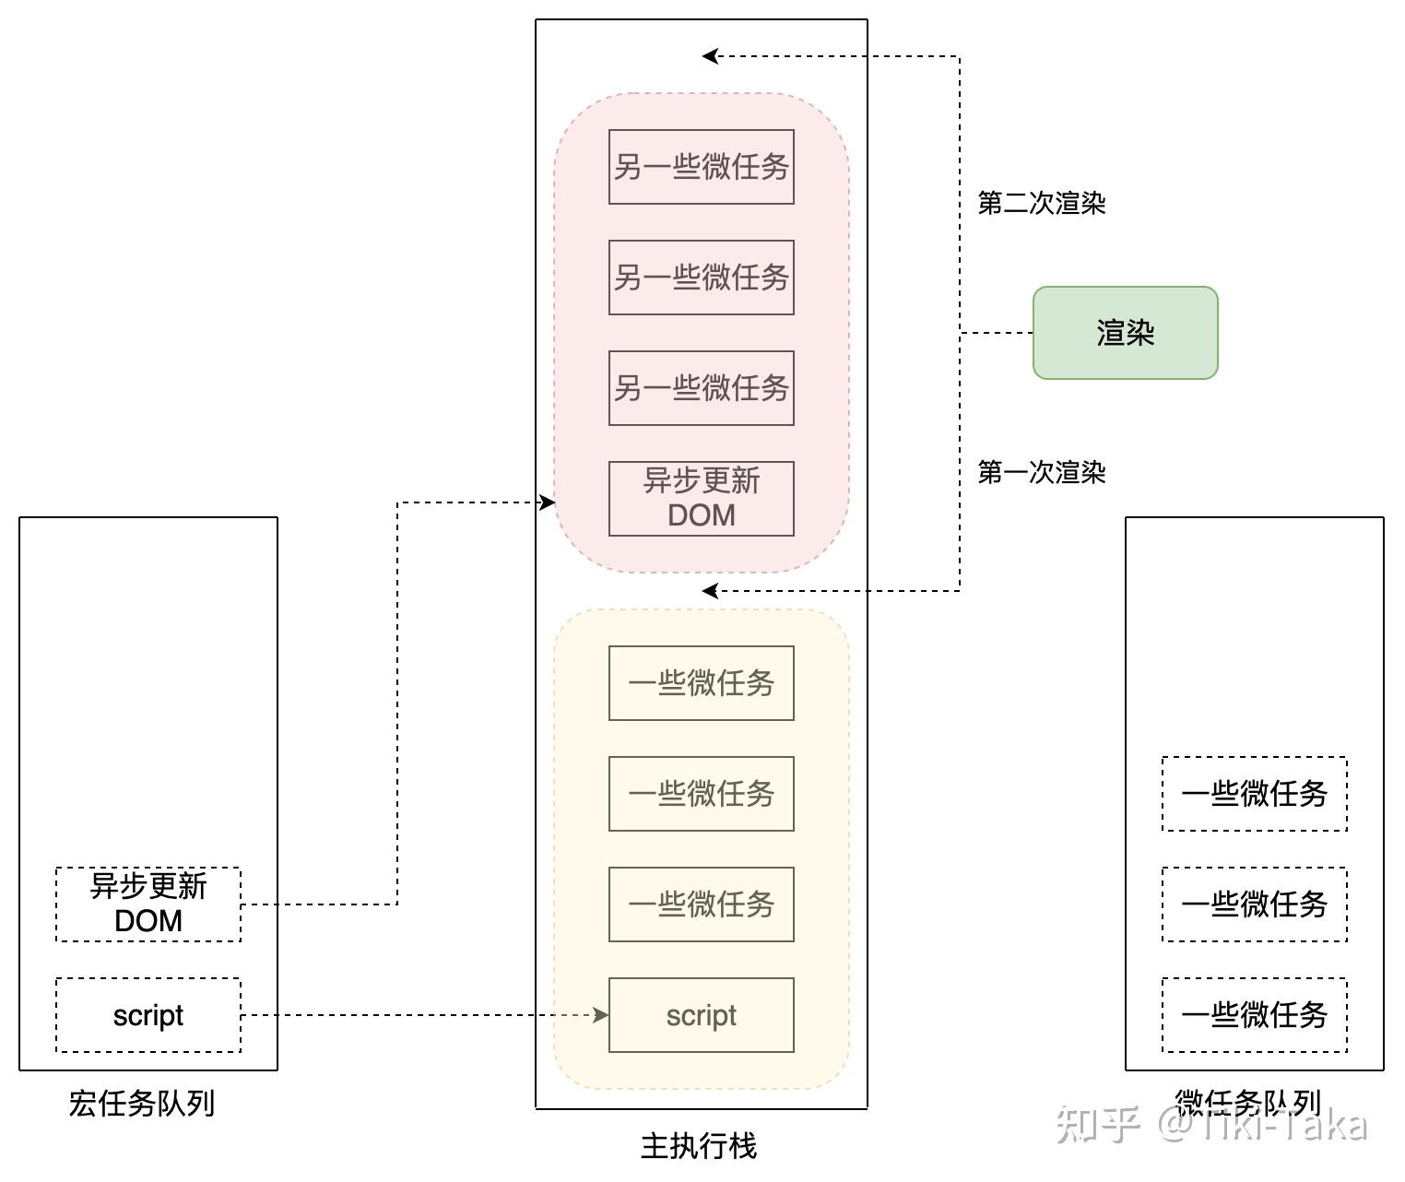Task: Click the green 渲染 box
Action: click(1125, 333)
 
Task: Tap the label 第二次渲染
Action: click(1041, 203)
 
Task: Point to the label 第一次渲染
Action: click(1041, 472)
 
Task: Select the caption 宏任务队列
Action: click(141, 1103)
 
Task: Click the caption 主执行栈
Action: click(699, 1146)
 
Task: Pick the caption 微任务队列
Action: click(1246, 1102)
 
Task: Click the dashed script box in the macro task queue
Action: click(148, 1015)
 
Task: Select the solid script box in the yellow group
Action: click(701, 1015)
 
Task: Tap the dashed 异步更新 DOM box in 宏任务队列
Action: click(148, 904)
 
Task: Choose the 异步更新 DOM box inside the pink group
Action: click(701, 498)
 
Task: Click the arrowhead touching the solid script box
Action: click(601, 1015)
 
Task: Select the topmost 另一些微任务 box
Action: click(701, 167)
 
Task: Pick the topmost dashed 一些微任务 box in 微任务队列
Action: click(1254, 794)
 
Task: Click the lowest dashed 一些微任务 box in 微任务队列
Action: click(1254, 1015)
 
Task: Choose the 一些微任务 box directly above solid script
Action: click(701, 904)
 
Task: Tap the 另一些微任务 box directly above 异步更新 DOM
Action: click(701, 388)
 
